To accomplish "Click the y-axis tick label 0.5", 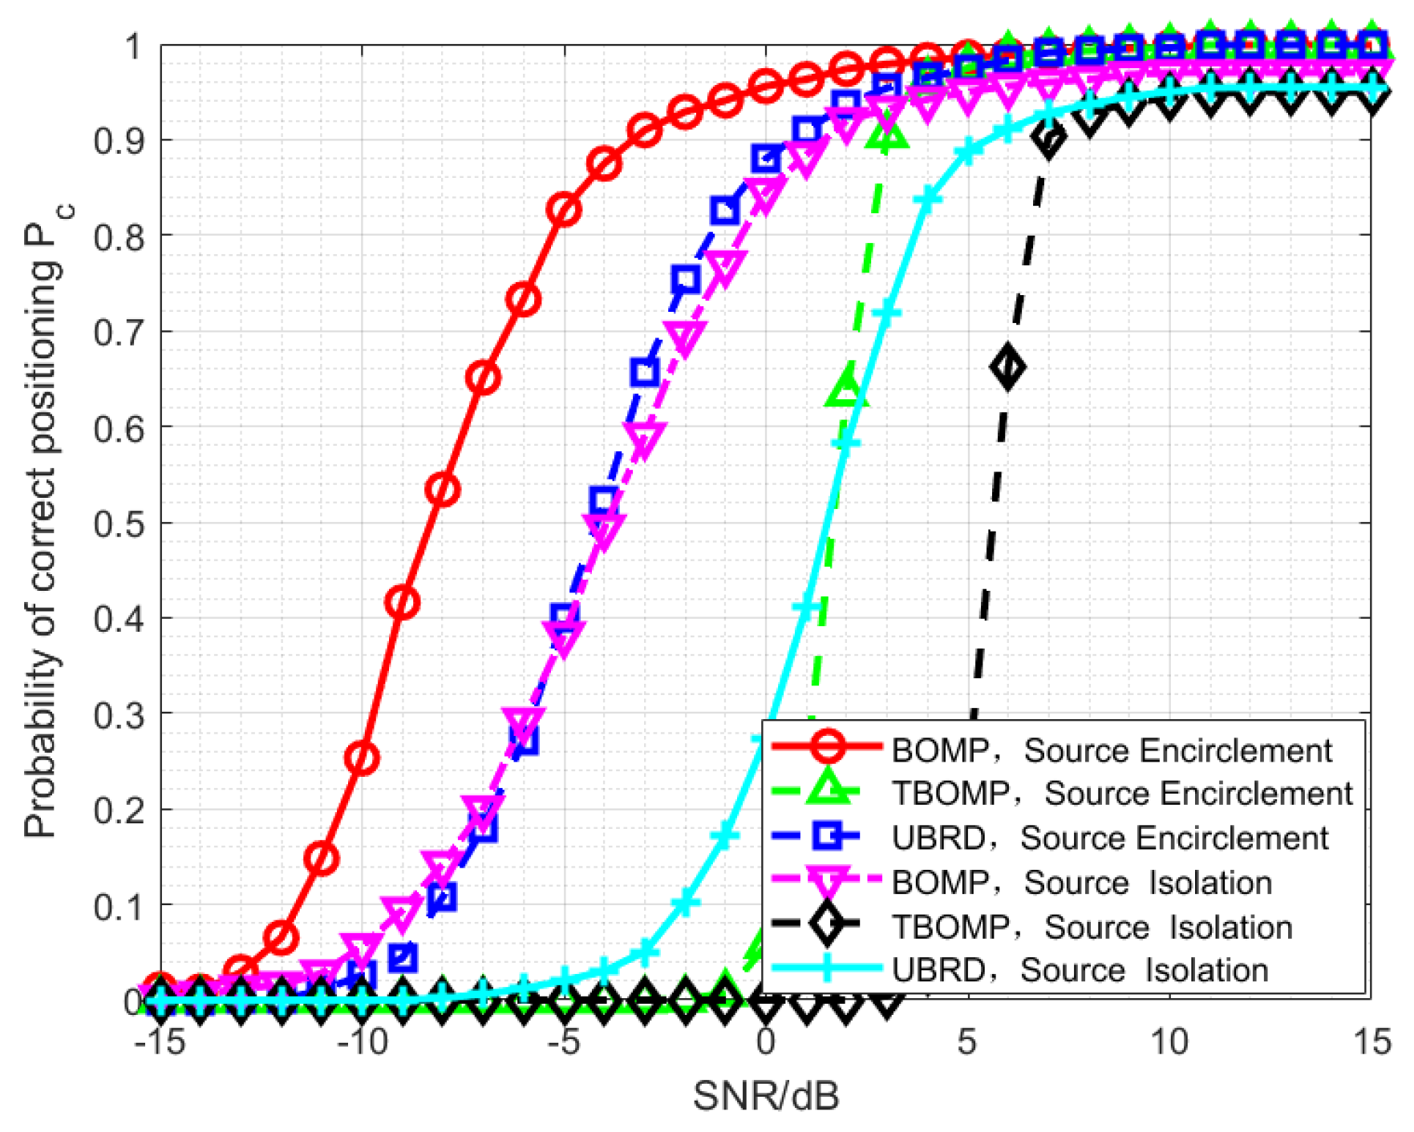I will [x=118, y=524].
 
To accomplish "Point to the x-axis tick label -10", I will [x=363, y=1042].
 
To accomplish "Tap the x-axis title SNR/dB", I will [x=766, y=1096].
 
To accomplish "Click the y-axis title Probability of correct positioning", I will [x=44, y=521].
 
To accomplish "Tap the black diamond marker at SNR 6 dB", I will [x=1008, y=367].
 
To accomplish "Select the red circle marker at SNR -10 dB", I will [x=363, y=758].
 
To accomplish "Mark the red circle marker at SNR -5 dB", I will [x=564, y=210].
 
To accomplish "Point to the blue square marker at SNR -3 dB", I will [x=645, y=372].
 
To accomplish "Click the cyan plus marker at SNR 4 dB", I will [x=927, y=198].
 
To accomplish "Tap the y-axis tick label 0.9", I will [x=118, y=141].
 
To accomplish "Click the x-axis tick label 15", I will [x=1371, y=1042].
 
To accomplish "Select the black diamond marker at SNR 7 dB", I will [x=1048, y=138].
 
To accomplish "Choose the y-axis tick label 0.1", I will [x=118, y=907].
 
